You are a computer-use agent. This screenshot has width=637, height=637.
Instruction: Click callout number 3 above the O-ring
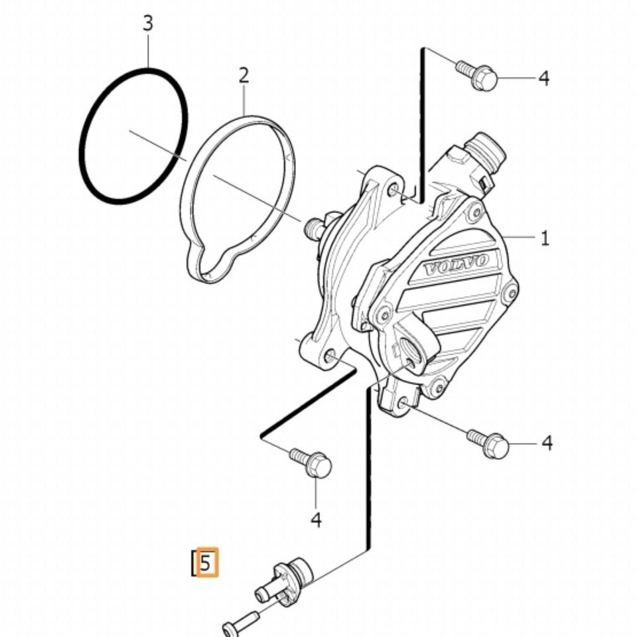[x=148, y=23]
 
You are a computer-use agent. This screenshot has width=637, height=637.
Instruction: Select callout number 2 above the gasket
[x=244, y=76]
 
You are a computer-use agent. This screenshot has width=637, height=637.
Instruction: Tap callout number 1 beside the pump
[x=545, y=238]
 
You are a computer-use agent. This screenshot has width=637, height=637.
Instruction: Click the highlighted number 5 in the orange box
[x=205, y=563]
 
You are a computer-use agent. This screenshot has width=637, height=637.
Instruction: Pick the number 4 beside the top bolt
[x=544, y=78]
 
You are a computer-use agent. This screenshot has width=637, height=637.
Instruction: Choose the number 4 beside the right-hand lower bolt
[x=547, y=443]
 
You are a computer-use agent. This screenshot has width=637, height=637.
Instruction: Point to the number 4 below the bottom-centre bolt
[x=316, y=520]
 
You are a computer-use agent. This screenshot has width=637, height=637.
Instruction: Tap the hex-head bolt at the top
[x=476, y=75]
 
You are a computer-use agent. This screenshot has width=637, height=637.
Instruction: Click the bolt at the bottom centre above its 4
[x=311, y=462]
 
